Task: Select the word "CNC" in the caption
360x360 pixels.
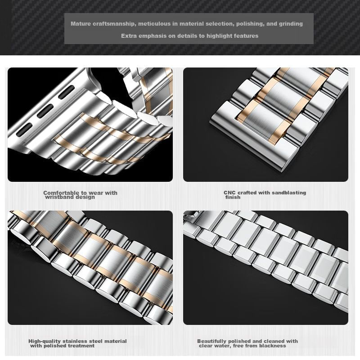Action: tap(230, 193)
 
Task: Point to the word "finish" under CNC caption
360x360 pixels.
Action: tap(233, 197)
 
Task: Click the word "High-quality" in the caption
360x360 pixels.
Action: tap(45, 341)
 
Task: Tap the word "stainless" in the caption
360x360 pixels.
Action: tap(75, 341)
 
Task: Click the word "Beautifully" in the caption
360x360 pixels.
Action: tap(212, 341)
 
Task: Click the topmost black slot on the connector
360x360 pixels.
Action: tap(67, 92)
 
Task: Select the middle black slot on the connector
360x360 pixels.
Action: tap(45, 111)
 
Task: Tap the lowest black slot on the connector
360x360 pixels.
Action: tap(24, 129)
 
